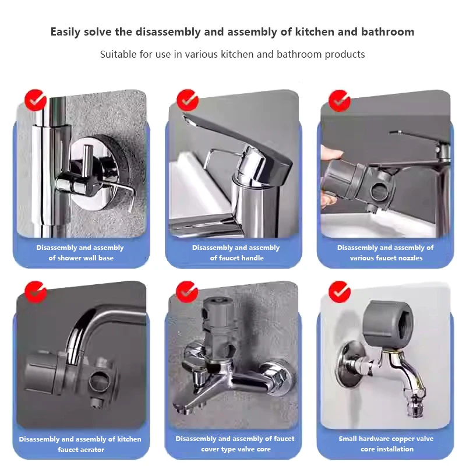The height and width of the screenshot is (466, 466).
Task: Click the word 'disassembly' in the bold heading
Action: tap(168, 32)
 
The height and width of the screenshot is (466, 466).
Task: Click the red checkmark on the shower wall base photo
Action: tap(36, 100)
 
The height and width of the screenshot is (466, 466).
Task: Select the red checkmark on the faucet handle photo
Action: tap(187, 100)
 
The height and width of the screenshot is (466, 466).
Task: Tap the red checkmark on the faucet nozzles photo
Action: tap(340, 101)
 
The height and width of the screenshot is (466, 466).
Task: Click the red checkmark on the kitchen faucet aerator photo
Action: tap(36, 292)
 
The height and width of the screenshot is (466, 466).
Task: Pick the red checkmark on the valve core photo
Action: tap(187, 292)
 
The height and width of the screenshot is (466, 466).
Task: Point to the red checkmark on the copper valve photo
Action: tap(340, 292)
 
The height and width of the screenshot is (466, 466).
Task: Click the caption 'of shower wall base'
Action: tap(81, 258)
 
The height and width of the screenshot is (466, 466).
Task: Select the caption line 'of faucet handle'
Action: tap(236, 258)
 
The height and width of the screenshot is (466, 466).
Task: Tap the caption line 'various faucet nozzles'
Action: tap(386, 258)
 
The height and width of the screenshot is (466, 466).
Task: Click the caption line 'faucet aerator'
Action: tap(81, 449)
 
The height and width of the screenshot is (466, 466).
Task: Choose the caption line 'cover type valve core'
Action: tap(236, 449)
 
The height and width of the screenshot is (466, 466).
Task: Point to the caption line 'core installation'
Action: tap(387, 449)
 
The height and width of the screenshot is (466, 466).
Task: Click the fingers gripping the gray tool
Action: tap(330, 175)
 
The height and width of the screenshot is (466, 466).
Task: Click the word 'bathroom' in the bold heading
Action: tap(387, 32)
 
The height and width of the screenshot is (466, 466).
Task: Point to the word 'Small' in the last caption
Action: tap(348, 439)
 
